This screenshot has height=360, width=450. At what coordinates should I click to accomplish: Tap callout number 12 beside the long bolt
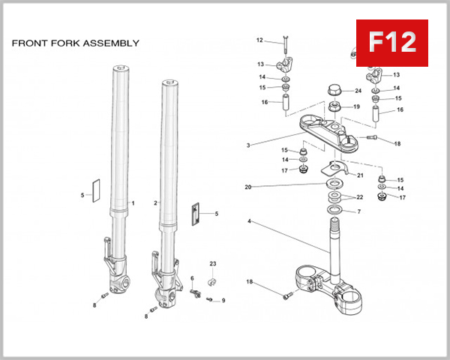point(259,40)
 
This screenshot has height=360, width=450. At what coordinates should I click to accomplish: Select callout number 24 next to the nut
point(358,91)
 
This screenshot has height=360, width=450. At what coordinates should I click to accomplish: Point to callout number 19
point(356,107)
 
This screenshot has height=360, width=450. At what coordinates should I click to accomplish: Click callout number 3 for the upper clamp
point(248,145)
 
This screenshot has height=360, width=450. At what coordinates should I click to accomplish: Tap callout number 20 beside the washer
point(248,187)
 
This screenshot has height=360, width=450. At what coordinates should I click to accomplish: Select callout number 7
point(358,212)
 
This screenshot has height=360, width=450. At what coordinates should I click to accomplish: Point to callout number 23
point(212,264)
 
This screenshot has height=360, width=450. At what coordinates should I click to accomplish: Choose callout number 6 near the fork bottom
point(192,279)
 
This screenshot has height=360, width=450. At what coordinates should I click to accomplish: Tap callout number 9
point(223,301)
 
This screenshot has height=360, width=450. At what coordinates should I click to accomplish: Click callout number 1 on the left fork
point(133,203)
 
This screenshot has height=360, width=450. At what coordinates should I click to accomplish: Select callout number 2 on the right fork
point(155,203)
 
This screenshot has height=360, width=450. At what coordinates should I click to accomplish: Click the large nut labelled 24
point(335,94)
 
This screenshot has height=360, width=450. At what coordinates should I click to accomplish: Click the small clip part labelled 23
point(211,281)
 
